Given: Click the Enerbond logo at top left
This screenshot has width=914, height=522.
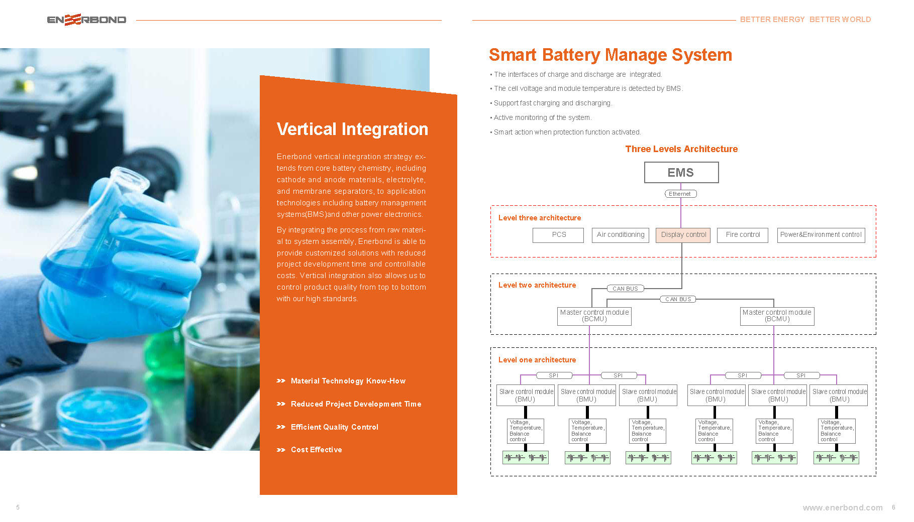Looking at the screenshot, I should pyautogui.click(x=86, y=20).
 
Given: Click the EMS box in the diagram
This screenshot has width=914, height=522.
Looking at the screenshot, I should pyautogui.click(x=681, y=173).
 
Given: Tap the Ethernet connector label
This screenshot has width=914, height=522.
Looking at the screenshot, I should pyautogui.click(x=680, y=194).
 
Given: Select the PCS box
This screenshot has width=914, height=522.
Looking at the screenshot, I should pyautogui.click(x=558, y=235).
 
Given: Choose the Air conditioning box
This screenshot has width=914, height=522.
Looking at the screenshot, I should pyautogui.click(x=620, y=235).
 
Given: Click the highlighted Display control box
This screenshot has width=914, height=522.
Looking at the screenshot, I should pyautogui.click(x=683, y=235).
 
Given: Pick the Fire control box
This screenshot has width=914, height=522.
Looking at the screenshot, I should pyautogui.click(x=743, y=235).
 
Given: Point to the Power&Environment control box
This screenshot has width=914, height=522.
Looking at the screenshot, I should pyautogui.click(x=821, y=235).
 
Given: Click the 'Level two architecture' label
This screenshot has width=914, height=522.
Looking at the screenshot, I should pyautogui.click(x=537, y=285).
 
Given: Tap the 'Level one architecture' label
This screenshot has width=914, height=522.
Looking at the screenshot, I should pyautogui.click(x=537, y=360).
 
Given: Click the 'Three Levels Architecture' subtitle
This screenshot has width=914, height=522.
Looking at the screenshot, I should pyautogui.click(x=681, y=149).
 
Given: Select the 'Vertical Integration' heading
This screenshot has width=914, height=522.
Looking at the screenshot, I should pyautogui.click(x=352, y=129).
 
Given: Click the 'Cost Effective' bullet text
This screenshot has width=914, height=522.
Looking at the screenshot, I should pyautogui.click(x=316, y=450).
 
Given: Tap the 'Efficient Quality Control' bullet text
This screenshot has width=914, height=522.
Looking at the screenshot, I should pyautogui.click(x=334, y=427).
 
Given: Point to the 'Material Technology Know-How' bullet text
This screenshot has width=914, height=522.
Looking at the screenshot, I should pyautogui.click(x=348, y=381).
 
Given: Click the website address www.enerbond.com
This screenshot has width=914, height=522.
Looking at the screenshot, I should pyautogui.click(x=842, y=507).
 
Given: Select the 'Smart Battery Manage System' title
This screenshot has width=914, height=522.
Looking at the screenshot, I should pyautogui.click(x=610, y=55).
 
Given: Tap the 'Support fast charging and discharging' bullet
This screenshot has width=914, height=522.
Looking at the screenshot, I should pyautogui.click(x=552, y=103).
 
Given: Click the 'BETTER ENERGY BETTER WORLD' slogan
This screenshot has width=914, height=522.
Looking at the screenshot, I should pyautogui.click(x=805, y=20).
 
